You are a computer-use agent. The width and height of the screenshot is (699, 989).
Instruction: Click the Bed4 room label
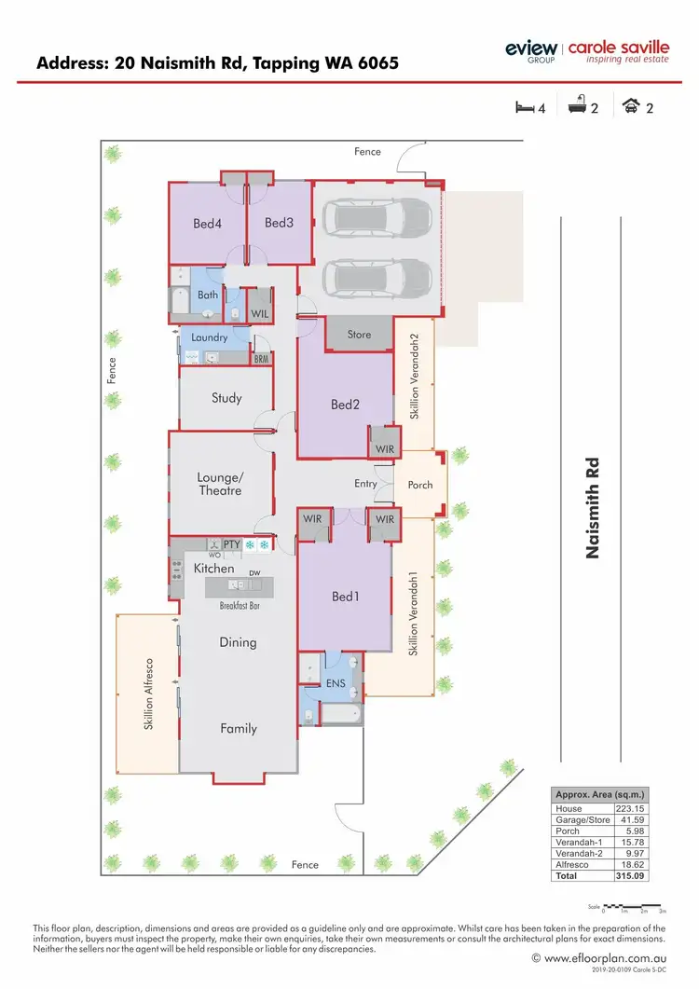tap(207, 223)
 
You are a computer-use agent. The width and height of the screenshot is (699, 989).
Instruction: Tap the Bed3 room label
tap(279, 223)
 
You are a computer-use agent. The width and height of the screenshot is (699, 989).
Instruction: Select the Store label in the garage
tap(359, 335)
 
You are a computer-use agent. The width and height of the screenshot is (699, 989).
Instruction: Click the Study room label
tap(226, 398)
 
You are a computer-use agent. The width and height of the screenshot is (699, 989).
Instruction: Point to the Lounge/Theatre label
tap(220, 484)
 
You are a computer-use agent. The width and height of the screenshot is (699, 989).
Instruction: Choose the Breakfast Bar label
tap(240, 606)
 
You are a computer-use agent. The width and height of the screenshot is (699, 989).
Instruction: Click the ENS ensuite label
tap(336, 683)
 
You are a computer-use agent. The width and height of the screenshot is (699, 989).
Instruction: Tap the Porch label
tap(420, 485)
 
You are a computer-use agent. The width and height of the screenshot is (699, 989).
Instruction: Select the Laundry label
tap(210, 337)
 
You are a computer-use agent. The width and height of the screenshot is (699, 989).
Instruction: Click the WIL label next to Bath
tap(259, 314)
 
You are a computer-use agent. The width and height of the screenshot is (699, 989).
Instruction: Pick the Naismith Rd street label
tap(591, 507)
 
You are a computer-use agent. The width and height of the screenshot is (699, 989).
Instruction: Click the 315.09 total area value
tap(629, 875)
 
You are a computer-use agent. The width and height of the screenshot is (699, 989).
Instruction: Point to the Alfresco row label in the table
tap(569, 864)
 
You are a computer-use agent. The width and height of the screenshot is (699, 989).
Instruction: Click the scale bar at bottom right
tap(633, 906)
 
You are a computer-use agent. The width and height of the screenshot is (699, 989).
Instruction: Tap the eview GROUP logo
tap(530, 50)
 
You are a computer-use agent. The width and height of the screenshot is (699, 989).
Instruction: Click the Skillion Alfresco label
tap(149, 694)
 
